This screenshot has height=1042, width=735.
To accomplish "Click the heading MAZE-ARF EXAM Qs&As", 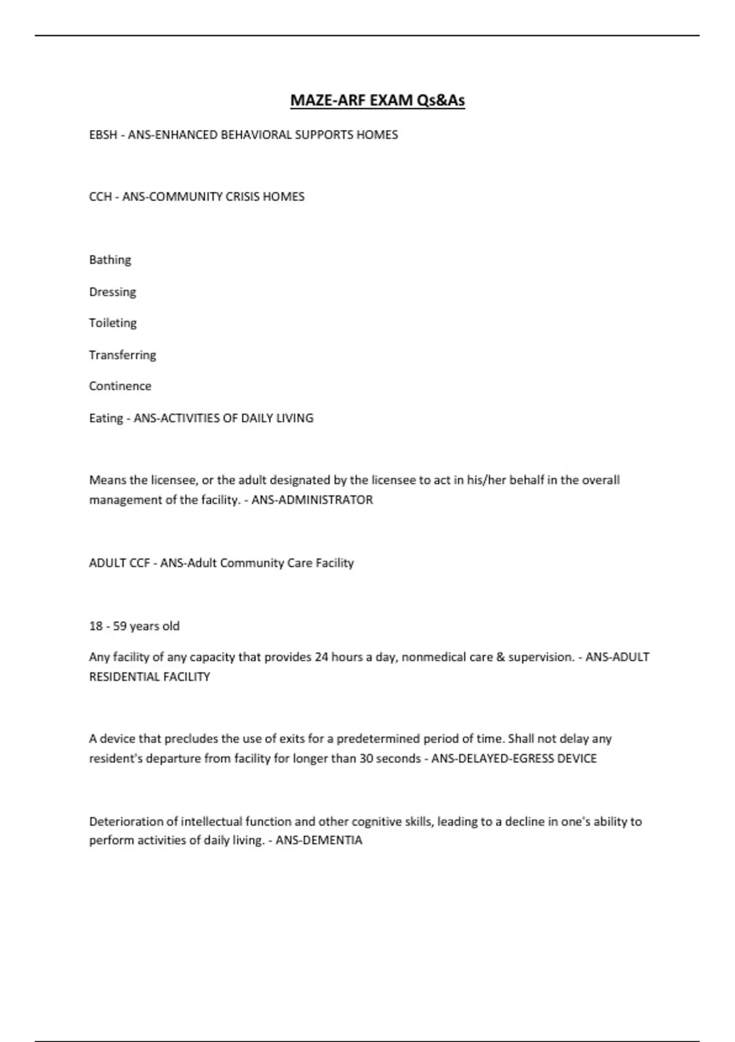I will tap(377, 100).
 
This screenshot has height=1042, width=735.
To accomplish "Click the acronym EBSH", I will tap(103, 135).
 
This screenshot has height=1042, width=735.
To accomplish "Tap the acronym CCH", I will tap(100, 197).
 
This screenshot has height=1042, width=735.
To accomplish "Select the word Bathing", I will tap(110, 260).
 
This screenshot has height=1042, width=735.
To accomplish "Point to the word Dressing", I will tap(113, 292).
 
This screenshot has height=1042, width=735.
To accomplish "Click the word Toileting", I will tap(113, 323).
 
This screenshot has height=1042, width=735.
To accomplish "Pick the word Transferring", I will tap(123, 355).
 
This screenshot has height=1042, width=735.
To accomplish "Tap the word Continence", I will tap(120, 386).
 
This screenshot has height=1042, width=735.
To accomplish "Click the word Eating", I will tap(106, 418).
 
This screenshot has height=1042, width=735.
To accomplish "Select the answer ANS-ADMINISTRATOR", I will tap(312, 500).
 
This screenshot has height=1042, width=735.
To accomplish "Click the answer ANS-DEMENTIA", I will tap(319, 840).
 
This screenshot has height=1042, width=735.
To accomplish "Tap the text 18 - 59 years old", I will tap(134, 626).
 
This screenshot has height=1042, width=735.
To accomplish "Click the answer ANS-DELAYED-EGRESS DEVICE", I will tap(514, 758).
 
